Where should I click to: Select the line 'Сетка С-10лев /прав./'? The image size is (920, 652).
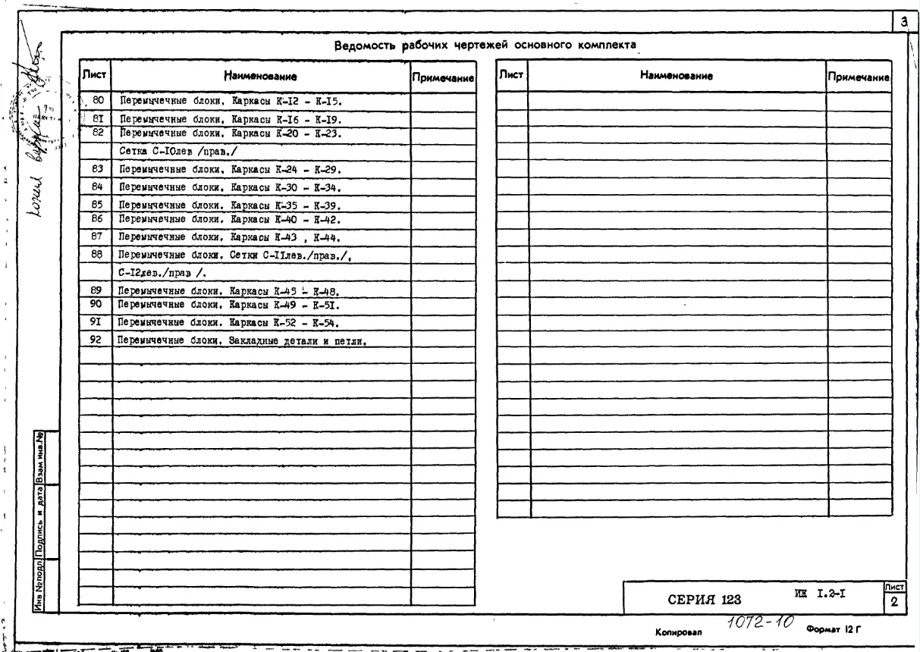(x=174, y=151)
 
